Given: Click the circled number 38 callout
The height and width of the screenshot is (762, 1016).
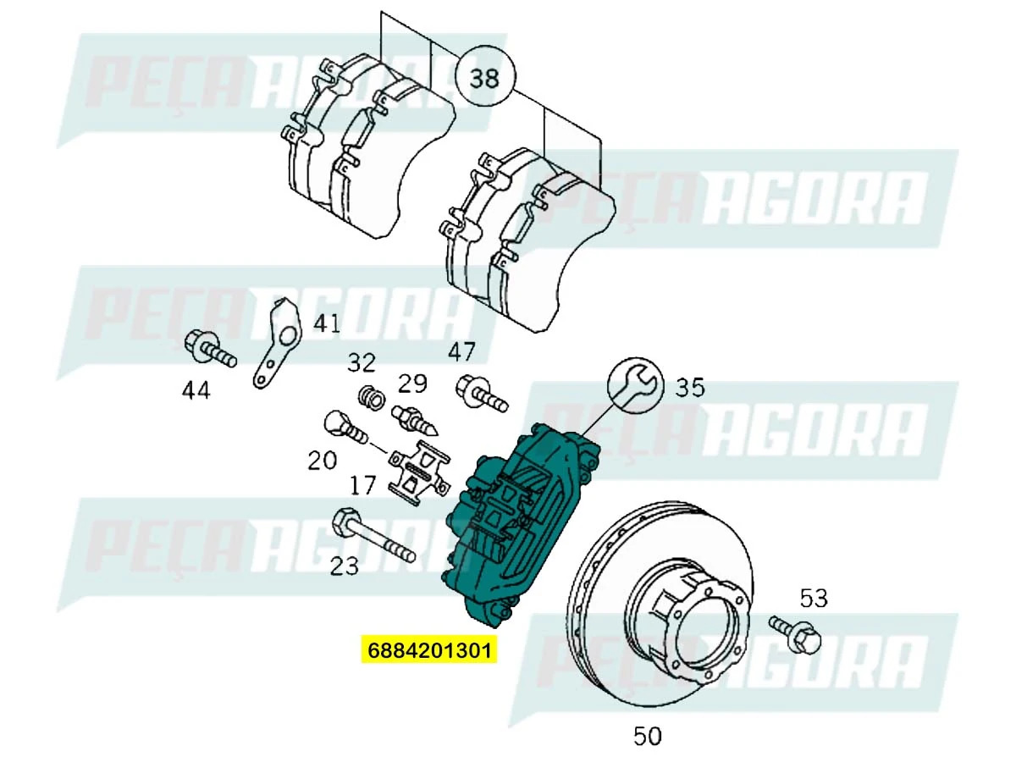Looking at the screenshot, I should (484, 77).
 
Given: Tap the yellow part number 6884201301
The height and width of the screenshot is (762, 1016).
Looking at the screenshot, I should (428, 650).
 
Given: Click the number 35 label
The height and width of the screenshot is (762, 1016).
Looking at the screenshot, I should (689, 387).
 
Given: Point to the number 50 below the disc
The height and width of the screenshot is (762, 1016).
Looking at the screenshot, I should (647, 736).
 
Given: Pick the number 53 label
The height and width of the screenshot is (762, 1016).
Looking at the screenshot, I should (813, 599).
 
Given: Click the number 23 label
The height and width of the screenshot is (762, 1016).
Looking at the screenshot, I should (345, 566).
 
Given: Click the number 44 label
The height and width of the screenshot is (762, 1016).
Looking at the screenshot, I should (196, 390).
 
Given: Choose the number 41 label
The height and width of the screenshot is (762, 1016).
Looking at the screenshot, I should (327, 323).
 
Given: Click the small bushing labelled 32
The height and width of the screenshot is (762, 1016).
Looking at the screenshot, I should (369, 395).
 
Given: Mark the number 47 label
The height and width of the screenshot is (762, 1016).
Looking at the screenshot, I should (461, 351).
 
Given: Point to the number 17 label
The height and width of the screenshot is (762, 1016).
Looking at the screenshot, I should (362, 485).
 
